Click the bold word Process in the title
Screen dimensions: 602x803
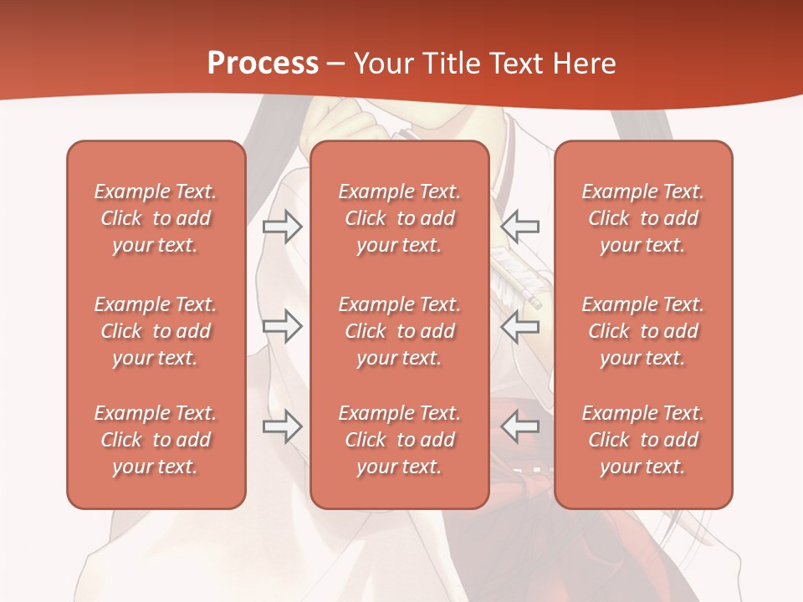pyautogui.click(x=263, y=64)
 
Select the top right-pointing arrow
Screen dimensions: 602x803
pyautogui.click(x=283, y=226)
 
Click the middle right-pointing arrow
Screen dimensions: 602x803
pyautogui.click(x=283, y=326)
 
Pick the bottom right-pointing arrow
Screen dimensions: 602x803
pyautogui.click(x=283, y=426)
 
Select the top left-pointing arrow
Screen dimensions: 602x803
pyautogui.click(x=519, y=226)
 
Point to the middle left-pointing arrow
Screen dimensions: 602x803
pyautogui.click(x=519, y=326)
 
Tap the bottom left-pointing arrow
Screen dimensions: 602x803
pyautogui.click(x=519, y=426)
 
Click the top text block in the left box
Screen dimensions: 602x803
pyautogui.click(x=156, y=218)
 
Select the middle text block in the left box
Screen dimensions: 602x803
pyautogui.click(x=156, y=331)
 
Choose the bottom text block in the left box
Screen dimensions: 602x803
pyautogui.click(x=156, y=440)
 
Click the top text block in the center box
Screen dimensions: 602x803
pyautogui.click(x=400, y=218)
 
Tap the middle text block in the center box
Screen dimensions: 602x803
pyautogui.click(x=400, y=331)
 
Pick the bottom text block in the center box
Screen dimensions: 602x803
pyautogui.click(x=400, y=440)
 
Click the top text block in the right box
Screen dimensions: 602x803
pyautogui.click(x=643, y=218)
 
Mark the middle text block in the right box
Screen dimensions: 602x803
pyautogui.click(x=643, y=331)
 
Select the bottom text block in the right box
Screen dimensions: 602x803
pyautogui.click(x=643, y=440)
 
